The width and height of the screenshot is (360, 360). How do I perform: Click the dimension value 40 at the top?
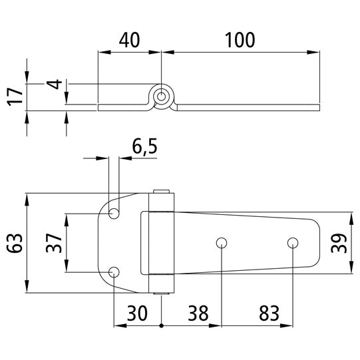129,41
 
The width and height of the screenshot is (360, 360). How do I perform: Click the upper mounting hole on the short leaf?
114,214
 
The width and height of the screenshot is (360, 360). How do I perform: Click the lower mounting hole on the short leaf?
114,271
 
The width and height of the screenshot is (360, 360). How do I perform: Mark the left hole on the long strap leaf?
220,242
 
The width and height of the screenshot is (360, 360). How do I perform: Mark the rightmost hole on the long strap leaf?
292,242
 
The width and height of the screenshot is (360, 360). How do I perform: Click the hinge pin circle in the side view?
161,97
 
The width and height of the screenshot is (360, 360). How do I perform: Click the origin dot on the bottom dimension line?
162,326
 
